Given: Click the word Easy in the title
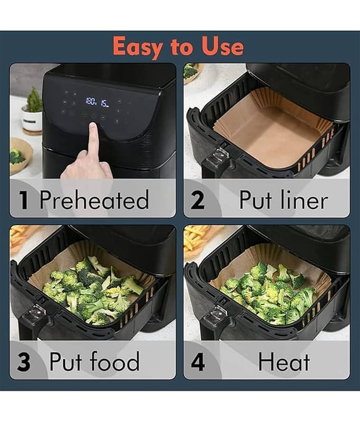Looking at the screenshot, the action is pyautogui.click(x=137, y=47).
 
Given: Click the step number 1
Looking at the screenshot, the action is pyautogui.click(x=24, y=199).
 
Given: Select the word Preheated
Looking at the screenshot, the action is pyautogui.click(x=94, y=199).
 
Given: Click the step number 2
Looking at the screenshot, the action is pyautogui.click(x=198, y=200).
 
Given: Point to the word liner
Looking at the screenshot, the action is pyautogui.click(x=304, y=200).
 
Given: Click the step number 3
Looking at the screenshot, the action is pyautogui.click(x=24, y=361).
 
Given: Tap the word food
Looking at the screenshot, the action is pyautogui.click(x=114, y=361).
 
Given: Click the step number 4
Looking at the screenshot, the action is pyautogui.click(x=198, y=361).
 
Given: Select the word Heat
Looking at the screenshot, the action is pyautogui.click(x=284, y=361).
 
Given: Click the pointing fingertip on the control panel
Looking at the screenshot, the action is pyautogui.click(x=93, y=126).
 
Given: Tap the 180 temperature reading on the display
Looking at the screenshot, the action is pyautogui.click(x=91, y=101).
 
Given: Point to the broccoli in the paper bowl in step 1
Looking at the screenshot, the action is pyautogui.click(x=17, y=157).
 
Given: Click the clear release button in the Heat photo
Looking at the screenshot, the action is pyautogui.click(x=215, y=314).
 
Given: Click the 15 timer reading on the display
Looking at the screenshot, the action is pyautogui.click(x=105, y=103).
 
